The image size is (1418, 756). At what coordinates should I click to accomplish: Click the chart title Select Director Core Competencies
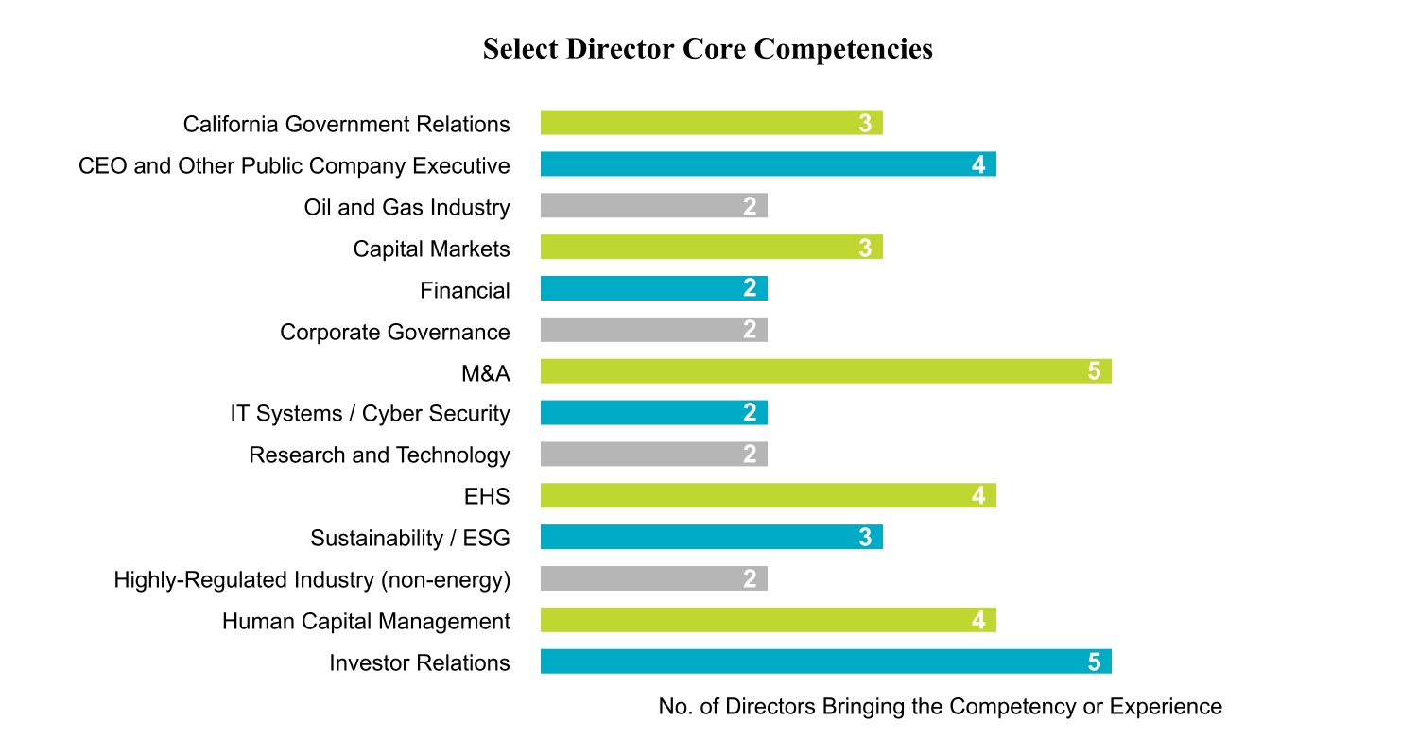click(707, 49)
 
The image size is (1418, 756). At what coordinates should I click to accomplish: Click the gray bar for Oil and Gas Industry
click(653, 206)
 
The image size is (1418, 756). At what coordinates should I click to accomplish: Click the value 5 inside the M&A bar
click(1094, 371)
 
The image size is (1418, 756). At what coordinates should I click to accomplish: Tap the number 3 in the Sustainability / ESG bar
click(864, 538)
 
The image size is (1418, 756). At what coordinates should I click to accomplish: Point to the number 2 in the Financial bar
click(750, 289)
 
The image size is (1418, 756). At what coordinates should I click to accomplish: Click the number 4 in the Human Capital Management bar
click(978, 621)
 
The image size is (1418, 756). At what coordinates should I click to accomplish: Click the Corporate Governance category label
click(394, 332)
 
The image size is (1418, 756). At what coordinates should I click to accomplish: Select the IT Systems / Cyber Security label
click(370, 414)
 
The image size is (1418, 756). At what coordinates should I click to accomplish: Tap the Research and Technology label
click(379, 455)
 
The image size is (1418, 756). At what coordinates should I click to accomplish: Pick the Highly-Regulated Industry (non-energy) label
click(312, 579)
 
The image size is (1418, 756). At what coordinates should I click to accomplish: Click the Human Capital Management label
click(366, 621)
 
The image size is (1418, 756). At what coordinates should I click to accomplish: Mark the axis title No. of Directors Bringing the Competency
click(940, 707)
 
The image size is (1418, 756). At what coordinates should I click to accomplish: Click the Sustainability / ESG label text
click(409, 539)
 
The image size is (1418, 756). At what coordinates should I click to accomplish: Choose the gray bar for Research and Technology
click(653, 455)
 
